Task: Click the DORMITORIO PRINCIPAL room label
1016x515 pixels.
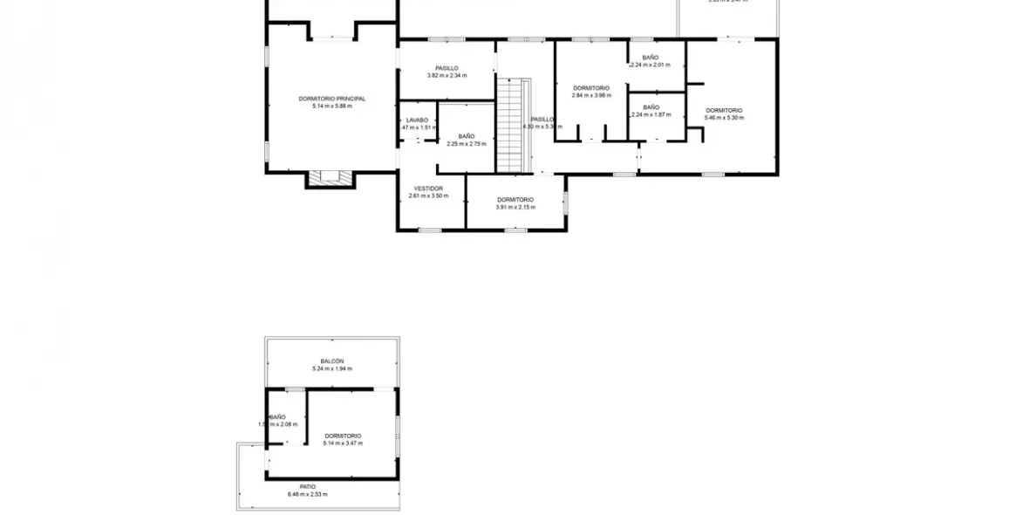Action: [331, 99]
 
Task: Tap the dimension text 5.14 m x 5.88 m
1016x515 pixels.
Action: [331, 106]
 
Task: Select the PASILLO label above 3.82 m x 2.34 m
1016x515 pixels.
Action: [447, 68]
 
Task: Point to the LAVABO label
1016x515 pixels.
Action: [417, 120]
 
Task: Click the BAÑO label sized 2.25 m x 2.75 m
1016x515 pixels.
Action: [467, 136]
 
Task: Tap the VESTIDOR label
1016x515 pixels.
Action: [428, 188]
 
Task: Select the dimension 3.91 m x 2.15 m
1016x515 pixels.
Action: [515, 207]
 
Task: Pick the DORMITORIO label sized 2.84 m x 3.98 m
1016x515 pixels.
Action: [591, 87]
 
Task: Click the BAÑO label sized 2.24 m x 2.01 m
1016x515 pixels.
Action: [651, 58]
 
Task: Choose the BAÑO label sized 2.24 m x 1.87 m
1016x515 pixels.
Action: [651, 106]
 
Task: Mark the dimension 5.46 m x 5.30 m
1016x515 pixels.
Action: [724, 117]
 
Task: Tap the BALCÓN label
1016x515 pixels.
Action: [331, 361]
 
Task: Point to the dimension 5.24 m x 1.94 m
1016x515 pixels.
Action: [331, 369]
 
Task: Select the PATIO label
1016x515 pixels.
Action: [307, 487]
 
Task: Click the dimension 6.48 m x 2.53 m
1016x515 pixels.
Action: [307, 495]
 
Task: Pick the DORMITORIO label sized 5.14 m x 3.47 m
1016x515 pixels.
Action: [343, 436]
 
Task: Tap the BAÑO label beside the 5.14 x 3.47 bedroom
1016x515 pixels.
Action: [277, 417]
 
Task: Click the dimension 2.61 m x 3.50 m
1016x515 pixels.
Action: [428, 196]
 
